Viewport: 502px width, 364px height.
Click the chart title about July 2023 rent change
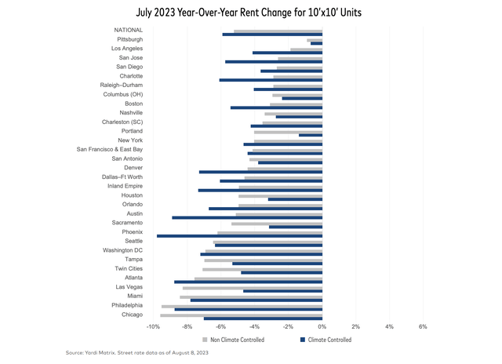point(250,13)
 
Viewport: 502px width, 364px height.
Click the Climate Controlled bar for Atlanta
point(248,282)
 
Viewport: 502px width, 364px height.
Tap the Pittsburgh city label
point(130,38)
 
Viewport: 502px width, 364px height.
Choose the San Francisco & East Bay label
point(110,149)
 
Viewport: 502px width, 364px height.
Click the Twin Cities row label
point(128,268)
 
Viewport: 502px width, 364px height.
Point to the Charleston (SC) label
point(122,122)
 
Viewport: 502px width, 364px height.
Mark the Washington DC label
point(123,250)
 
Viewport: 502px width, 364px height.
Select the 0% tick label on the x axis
point(322,326)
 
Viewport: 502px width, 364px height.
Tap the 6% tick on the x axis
point(422,326)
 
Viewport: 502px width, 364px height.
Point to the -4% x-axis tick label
point(254,326)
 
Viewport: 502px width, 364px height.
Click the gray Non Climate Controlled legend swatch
point(206,340)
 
